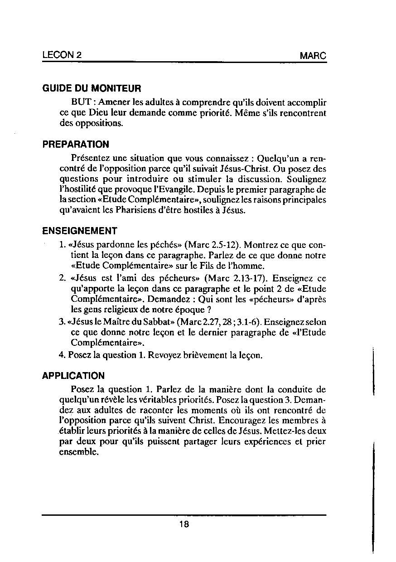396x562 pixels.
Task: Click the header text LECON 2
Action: coord(62,55)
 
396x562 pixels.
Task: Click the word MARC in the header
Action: coord(313,56)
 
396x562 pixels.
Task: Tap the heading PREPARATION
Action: coord(76,145)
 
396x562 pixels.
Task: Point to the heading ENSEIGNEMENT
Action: coord(80,231)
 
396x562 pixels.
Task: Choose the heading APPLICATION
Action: coord(73,376)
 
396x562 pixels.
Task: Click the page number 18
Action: coord(184,524)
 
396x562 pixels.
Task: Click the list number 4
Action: coord(62,355)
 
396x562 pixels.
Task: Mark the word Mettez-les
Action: coord(286,431)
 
